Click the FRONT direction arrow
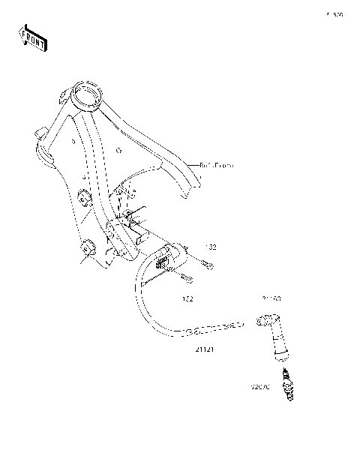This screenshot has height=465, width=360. pos(32,37)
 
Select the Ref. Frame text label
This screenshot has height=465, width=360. pos(217,165)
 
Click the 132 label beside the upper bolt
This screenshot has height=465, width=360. pos(211,247)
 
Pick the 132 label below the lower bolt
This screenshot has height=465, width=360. pos(188,298)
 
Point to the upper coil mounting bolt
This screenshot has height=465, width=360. pos(206,264)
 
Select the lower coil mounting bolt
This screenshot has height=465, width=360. pos(185,280)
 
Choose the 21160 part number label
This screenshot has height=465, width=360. pos(271,298)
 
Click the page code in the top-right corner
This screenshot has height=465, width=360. pos(334,14)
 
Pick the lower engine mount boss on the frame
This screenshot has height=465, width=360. pos(88,247)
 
